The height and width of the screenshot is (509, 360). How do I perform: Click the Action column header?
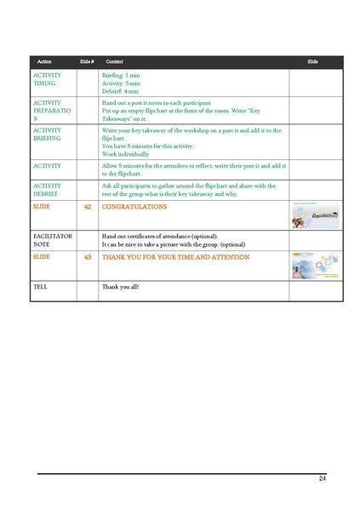[44, 62]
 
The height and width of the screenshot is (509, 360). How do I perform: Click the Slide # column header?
[86, 62]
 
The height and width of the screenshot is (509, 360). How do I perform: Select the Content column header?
[114, 62]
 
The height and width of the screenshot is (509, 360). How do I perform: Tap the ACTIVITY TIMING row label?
[46, 80]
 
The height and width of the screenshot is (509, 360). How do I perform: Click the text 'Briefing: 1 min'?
[121, 76]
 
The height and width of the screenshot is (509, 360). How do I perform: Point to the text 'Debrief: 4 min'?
[120, 91]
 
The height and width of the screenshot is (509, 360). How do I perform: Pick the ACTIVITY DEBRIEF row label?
[47, 190]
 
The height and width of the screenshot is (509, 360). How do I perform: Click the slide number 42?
[87, 207]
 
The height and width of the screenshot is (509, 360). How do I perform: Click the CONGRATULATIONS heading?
[134, 207]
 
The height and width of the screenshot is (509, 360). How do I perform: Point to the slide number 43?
[87, 256]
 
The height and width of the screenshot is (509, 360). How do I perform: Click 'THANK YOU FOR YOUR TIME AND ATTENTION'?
[175, 256]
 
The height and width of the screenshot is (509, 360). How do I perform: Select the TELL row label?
[40, 288]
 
